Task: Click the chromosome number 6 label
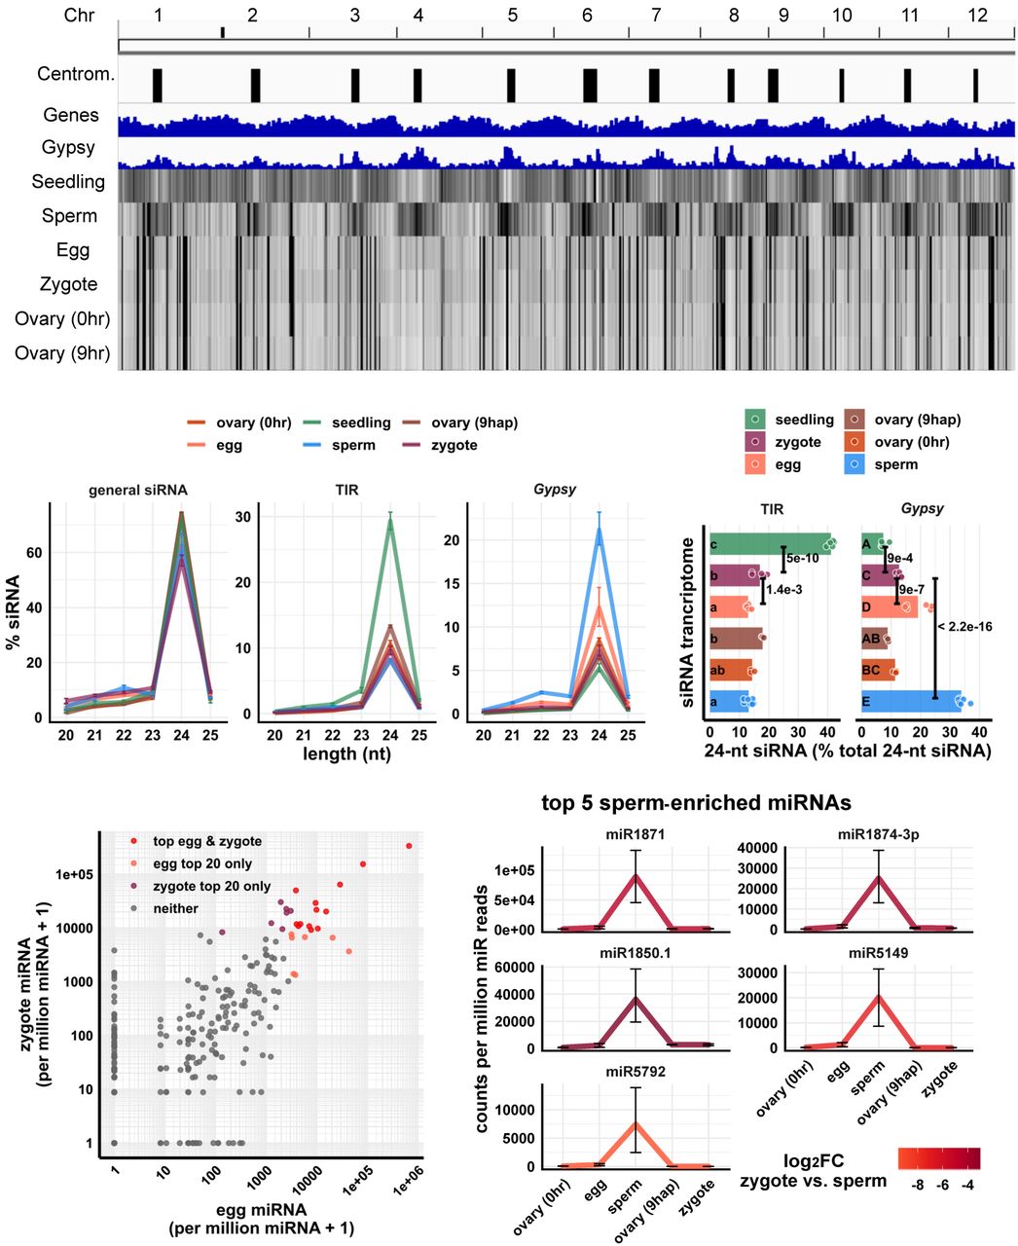click(587, 16)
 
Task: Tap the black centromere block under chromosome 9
click(773, 85)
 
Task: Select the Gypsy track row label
click(68, 148)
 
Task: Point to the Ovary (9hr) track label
click(62, 352)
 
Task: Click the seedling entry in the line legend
click(360, 422)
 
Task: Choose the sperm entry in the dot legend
click(895, 464)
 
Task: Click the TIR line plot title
click(346, 490)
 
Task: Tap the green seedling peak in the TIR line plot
click(390, 519)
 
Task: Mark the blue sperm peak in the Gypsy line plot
click(600, 529)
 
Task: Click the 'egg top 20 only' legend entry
click(202, 863)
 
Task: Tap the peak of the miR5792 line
click(636, 1123)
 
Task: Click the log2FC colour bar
click(939, 1158)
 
